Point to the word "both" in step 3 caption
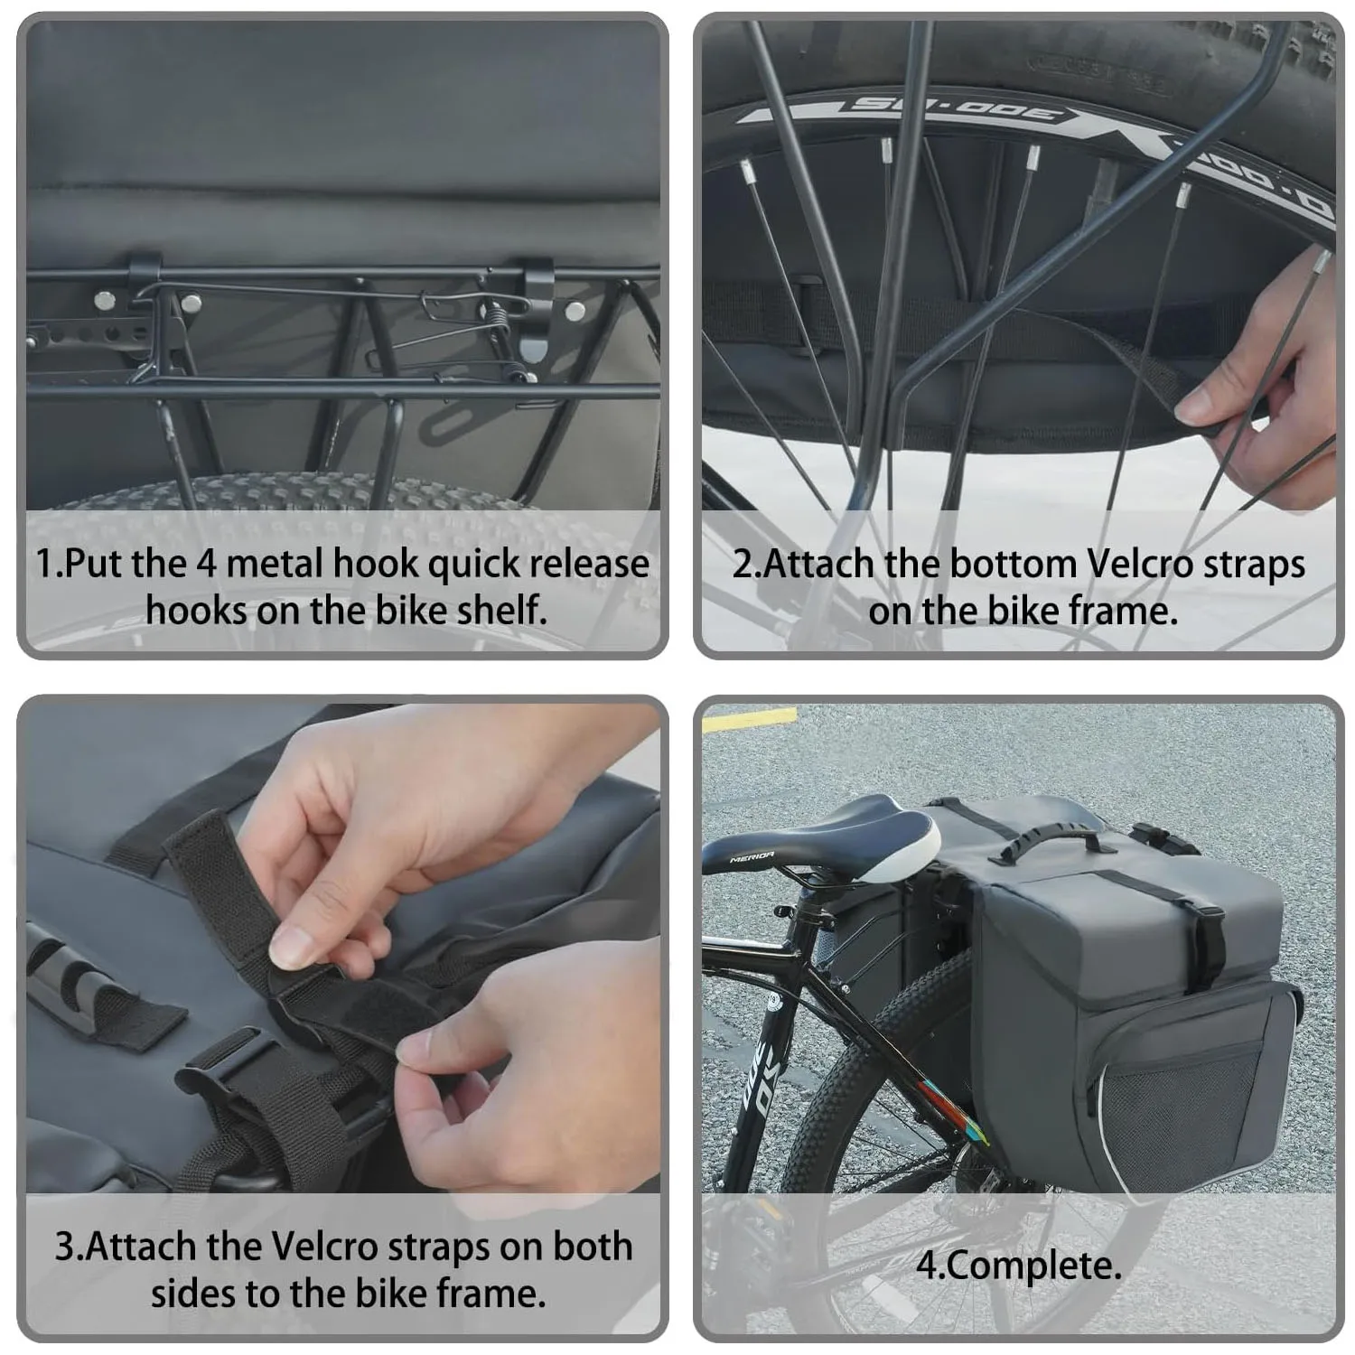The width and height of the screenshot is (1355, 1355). point(593,1248)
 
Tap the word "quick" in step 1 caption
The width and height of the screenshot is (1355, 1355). point(472,565)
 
